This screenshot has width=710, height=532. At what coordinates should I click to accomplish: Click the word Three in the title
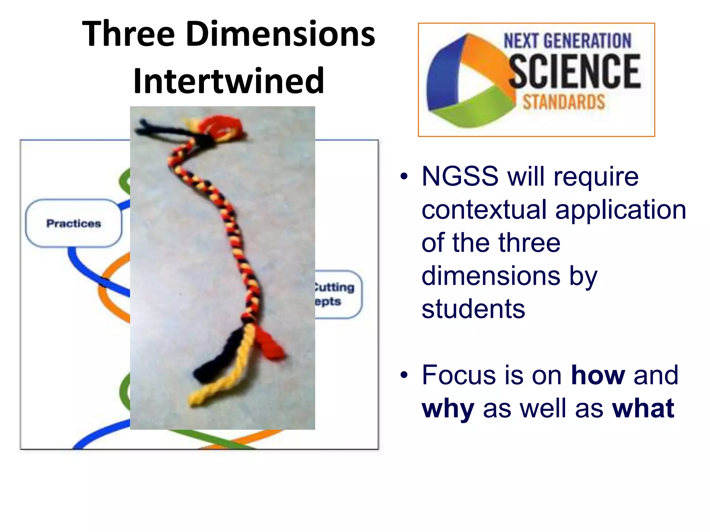coord(128,34)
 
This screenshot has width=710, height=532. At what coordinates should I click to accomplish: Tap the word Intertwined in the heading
coord(228,81)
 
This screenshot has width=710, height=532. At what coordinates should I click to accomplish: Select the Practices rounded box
coord(73,223)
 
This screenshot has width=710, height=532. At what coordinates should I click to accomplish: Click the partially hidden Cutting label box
coord(338,294)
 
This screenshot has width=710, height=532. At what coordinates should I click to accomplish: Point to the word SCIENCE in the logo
coord(574,71)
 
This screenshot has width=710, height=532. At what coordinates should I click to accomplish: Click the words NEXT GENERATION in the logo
coord(567,41)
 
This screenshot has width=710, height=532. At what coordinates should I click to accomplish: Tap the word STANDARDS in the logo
coord(564,102)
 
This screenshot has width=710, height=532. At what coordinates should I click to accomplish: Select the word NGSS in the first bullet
coord(460,176)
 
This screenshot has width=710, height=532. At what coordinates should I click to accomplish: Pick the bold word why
coord(448,409)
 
